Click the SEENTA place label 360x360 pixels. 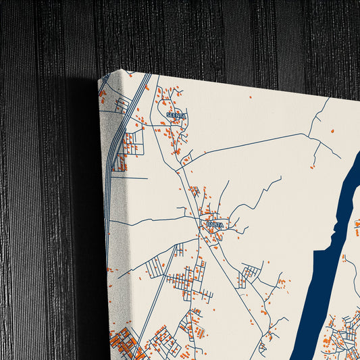point(176,115)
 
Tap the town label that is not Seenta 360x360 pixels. point(215,224)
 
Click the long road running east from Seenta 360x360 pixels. point(257,142)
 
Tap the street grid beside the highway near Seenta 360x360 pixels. point(132,142)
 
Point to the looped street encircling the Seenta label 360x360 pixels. point(177,108)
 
